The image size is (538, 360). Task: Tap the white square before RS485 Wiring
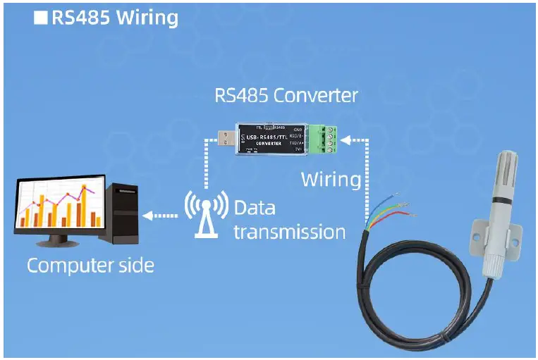pyautogui.click(x=41, y=18)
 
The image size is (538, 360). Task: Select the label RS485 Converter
pyautogui.click(x=286, y=95)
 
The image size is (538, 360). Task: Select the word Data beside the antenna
pyautogui.click(x=255, y=209)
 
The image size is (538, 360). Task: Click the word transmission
pyautogui.click(x=289, y=232)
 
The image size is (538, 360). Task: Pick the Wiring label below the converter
pyautogui.click(x=331, y=179)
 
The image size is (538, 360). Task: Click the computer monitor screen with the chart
pyautogui.click(x=58, y=206)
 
